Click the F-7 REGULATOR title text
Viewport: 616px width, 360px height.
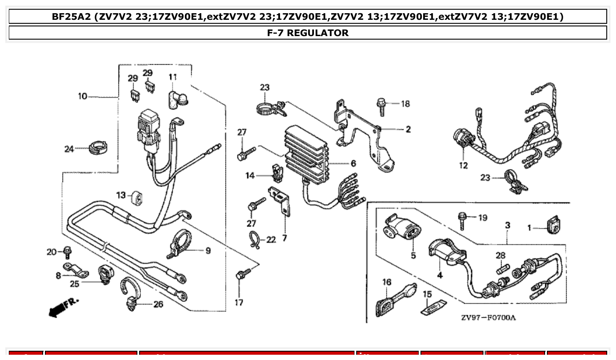307,33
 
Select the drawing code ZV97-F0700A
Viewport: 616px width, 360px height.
488,317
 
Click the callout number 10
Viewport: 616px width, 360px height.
83,96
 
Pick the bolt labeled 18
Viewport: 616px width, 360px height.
381,106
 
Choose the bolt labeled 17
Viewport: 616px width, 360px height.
241,275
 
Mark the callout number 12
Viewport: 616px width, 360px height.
463,166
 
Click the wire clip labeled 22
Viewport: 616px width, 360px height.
255,239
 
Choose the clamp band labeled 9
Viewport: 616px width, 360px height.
180,243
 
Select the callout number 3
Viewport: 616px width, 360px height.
507,225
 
